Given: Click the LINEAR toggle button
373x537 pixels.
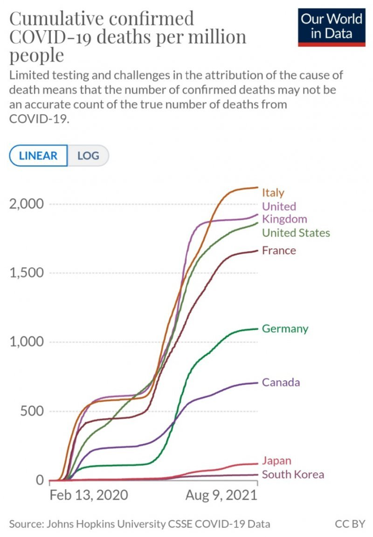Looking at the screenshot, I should coord(38,156).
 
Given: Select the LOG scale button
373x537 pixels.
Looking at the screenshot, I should coord(88,156).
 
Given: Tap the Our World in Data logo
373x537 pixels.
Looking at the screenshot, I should coord(332,27).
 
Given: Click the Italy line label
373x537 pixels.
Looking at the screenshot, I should coord(273,192).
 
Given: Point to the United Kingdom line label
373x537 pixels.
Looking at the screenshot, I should coord(284,212).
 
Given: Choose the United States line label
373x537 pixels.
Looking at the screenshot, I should coord(296,232).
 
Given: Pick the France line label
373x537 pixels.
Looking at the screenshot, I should coord(279,251).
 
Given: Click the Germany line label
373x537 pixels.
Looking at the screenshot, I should coord(285,328).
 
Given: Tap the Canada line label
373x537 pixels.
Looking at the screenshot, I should coord(281,382).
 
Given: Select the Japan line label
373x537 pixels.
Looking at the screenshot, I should coord(276,461).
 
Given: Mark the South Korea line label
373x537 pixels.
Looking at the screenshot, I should coord(293,474).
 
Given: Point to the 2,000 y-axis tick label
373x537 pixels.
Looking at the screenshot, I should coord(27,204).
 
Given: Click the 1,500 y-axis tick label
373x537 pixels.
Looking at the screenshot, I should coord(27,273).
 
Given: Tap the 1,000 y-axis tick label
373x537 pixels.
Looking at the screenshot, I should coord(27,342).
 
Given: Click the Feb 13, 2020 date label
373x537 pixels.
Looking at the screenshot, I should coord(89,495).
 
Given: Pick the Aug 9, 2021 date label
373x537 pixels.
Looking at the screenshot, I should coord(221,495).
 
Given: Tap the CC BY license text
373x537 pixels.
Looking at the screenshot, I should coord(350,523).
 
